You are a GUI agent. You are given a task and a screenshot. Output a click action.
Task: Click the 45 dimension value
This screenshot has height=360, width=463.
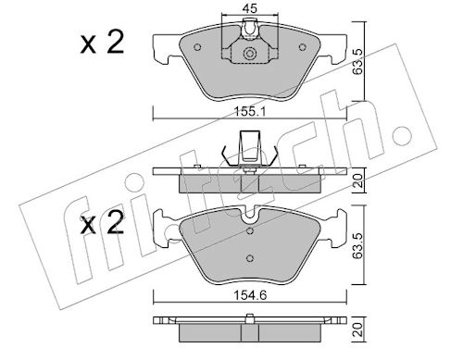click(x=250, y=8)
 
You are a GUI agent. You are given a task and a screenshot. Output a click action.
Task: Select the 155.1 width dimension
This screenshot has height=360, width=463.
click(x=250, y=111)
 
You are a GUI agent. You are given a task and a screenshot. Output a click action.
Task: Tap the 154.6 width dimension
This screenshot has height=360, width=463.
click(x=250, y=295)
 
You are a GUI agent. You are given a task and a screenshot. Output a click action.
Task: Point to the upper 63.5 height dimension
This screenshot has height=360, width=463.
click(x=357, y=61)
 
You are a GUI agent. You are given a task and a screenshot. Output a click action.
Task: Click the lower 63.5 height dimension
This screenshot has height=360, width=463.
click(x=357, y=245)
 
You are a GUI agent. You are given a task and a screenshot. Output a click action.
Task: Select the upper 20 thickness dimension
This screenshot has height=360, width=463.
click(x=357, y=180)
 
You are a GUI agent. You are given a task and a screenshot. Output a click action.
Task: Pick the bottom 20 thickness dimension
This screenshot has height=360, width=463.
click(x=357, y=329)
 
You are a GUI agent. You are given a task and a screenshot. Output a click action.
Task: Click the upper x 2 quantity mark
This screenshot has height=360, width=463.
click(x=102, y=43)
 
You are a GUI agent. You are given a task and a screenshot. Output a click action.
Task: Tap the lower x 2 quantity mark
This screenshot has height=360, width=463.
click(x=102, y=224)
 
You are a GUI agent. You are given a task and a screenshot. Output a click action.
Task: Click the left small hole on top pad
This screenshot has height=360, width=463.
click(x=197, y=47)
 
